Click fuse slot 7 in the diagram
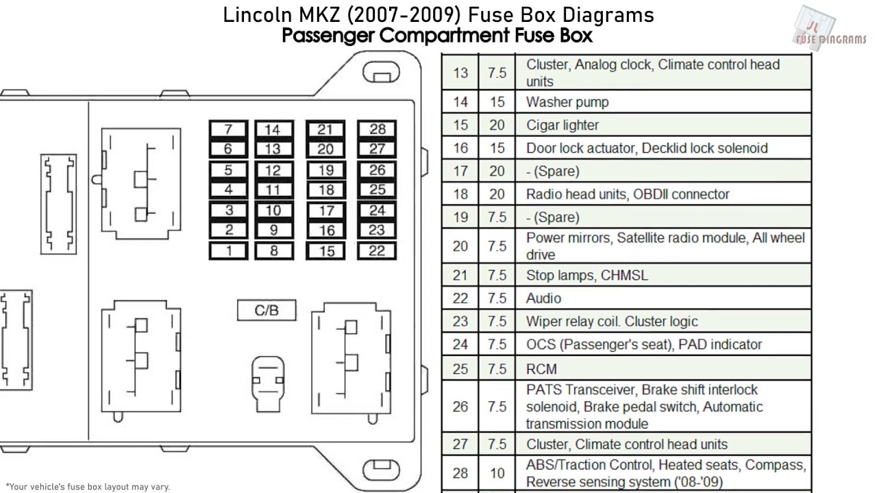[x=228, y=129]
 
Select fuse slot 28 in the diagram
[x=377, y=129]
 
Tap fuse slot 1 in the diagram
[x=228, y=251]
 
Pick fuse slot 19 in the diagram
[x=326, y=170]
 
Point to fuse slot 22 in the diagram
[x=377, y=251]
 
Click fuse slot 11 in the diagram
[x=273, y=190]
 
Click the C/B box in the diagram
[x=267, y=310]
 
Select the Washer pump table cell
[x=567, y=102]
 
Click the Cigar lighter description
[x=563, y=125]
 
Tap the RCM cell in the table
[x=541, y=368]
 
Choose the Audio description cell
[x=543, y=299]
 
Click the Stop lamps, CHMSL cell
[x=586, y=275]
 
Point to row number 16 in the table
[x=460, y=148]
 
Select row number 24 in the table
[x=460, y=344]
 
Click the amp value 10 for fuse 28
[x=497, y=473]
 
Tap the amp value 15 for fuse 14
[x=497, y=102]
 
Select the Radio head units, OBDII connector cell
[x=628, y=194]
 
